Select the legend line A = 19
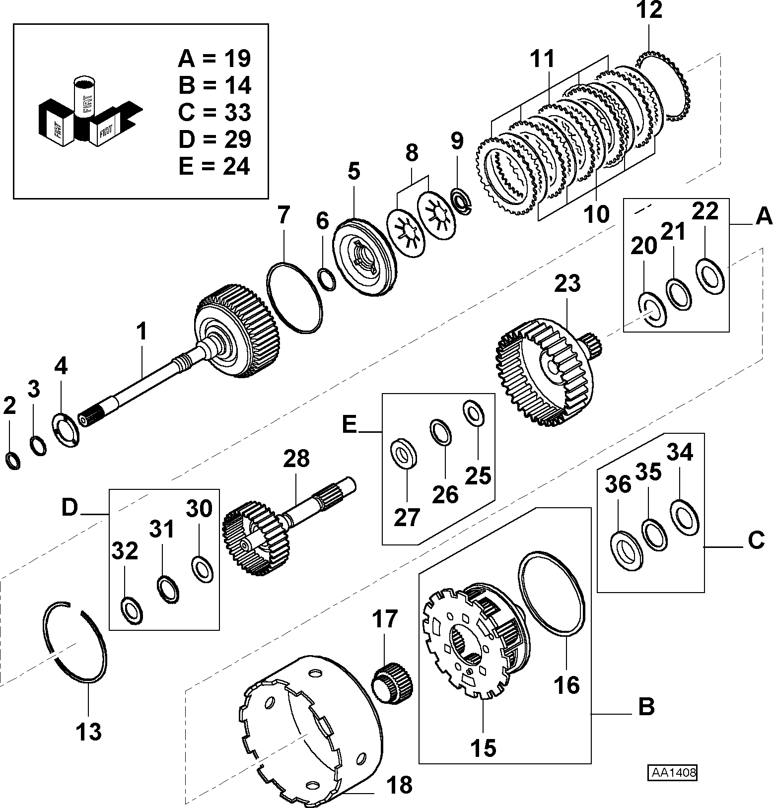[214, 59]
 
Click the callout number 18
[399, 785]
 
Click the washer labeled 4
[66, 428]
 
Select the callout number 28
[296, 458]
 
